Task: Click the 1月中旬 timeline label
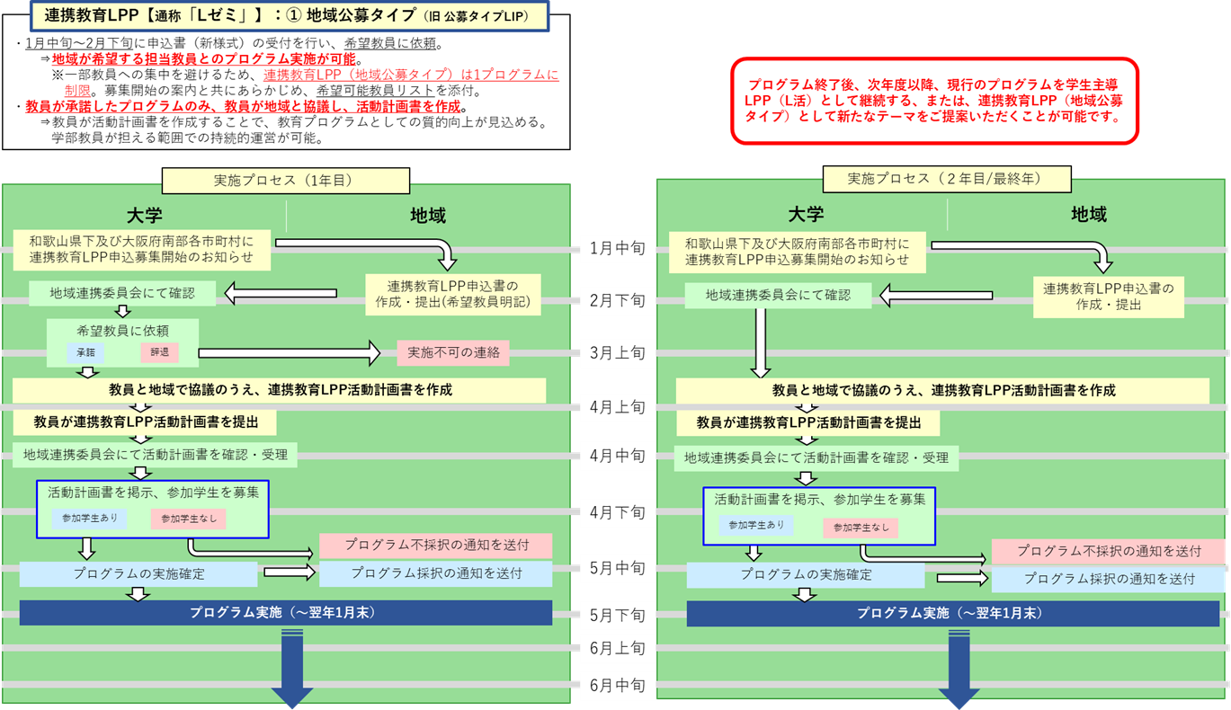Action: [618, 249]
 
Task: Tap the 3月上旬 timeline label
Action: [618, 352]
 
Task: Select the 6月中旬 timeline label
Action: [618, 686]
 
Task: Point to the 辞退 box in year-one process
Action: [159, 352]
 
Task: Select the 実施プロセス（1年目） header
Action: [285, 180]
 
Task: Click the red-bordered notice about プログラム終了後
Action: [935, 101]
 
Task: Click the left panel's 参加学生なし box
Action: [189, 519]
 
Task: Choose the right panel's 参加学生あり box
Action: [756, 525]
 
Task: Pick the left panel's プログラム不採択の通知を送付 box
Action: [435, 545]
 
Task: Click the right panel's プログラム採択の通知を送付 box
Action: [1109, 579]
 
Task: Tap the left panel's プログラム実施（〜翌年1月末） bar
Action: [285, 613]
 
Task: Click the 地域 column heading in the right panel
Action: [1088, 215]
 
